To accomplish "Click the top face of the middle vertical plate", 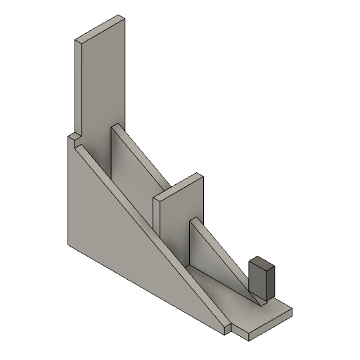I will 179,186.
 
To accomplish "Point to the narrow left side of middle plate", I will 158,218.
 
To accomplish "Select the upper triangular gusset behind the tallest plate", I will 130,169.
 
